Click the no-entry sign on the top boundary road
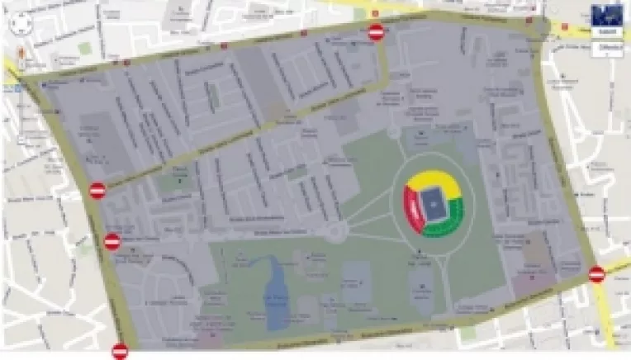click(x=377, y=32)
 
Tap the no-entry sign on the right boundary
click(x=597, y=274)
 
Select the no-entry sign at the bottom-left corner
click(x=121, y=350)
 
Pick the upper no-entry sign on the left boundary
click(x=97, y=191)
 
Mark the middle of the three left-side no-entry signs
click(x=112, y=241)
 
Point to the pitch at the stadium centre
click(x=433, y=202)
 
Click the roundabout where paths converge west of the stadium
click(x=338, y=232)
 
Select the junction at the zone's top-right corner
click(x=541, y=27)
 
